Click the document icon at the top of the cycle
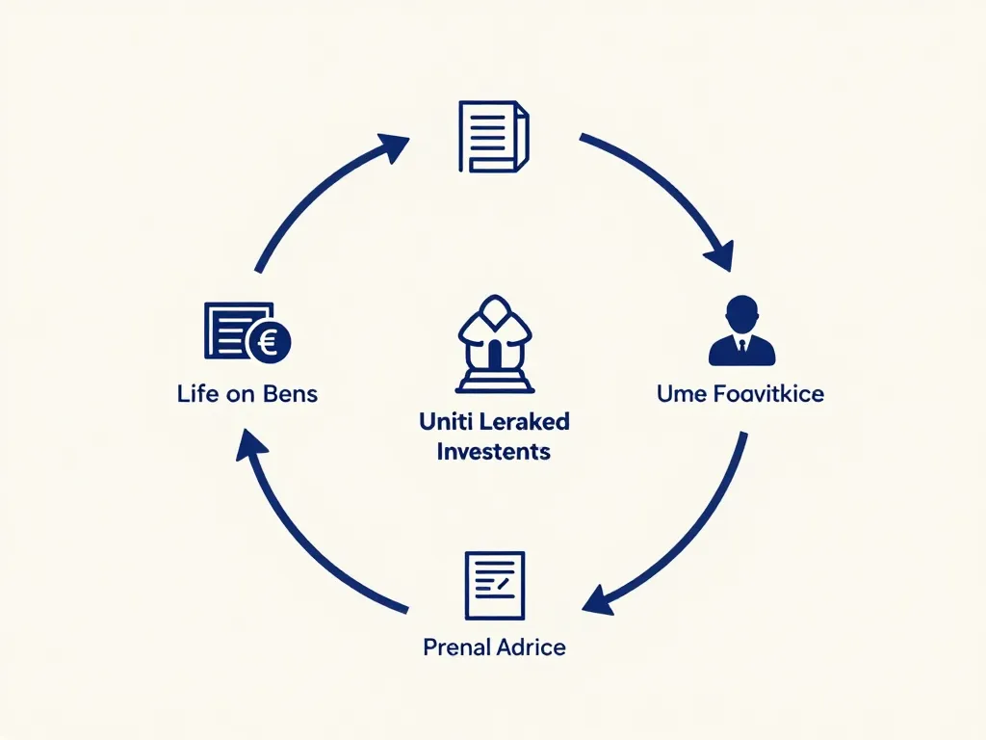pyautogui.click(x=492, y=139)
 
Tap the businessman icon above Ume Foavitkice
pyautogui.click(x=741, y=331)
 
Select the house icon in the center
pyautogui.click(x=494, y=344)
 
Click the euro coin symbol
pyautogui.click(x=270, y=341)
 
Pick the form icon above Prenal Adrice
pyautogui.click(x=494, y=585)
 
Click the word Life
pyautogui.click(x=197, y=394)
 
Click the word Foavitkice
pyautogui.click(x=770, y=394)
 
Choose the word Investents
pyautogui.click(x=493, y=451)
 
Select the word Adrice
pyautogui.click(x=531, y=647)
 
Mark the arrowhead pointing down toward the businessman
pyautogui.click(x=718, y=256)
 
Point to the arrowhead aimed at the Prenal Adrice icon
pyautogui.click(x=599, y=599)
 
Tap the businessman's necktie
pyautogui.click(x=741, y=346)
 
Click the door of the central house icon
pyautogui.click(x=494, y=356)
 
